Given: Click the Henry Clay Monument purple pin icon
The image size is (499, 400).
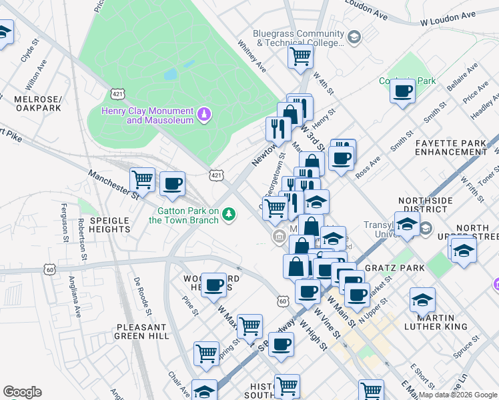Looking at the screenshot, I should [x=204, y=115].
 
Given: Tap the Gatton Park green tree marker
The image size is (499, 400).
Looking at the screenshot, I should [x=229, y=214].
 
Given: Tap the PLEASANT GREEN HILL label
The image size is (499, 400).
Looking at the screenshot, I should [x=141, y=332].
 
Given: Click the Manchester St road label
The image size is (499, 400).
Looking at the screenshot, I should [x=113, y=183].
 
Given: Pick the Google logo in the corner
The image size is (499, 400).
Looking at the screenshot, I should [x=22, y=392].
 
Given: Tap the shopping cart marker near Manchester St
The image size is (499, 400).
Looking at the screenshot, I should [x=142, y=179].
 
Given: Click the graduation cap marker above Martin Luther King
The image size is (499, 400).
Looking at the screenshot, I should [x=422, y=301].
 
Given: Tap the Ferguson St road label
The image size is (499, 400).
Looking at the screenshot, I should [x=65, y=222].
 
